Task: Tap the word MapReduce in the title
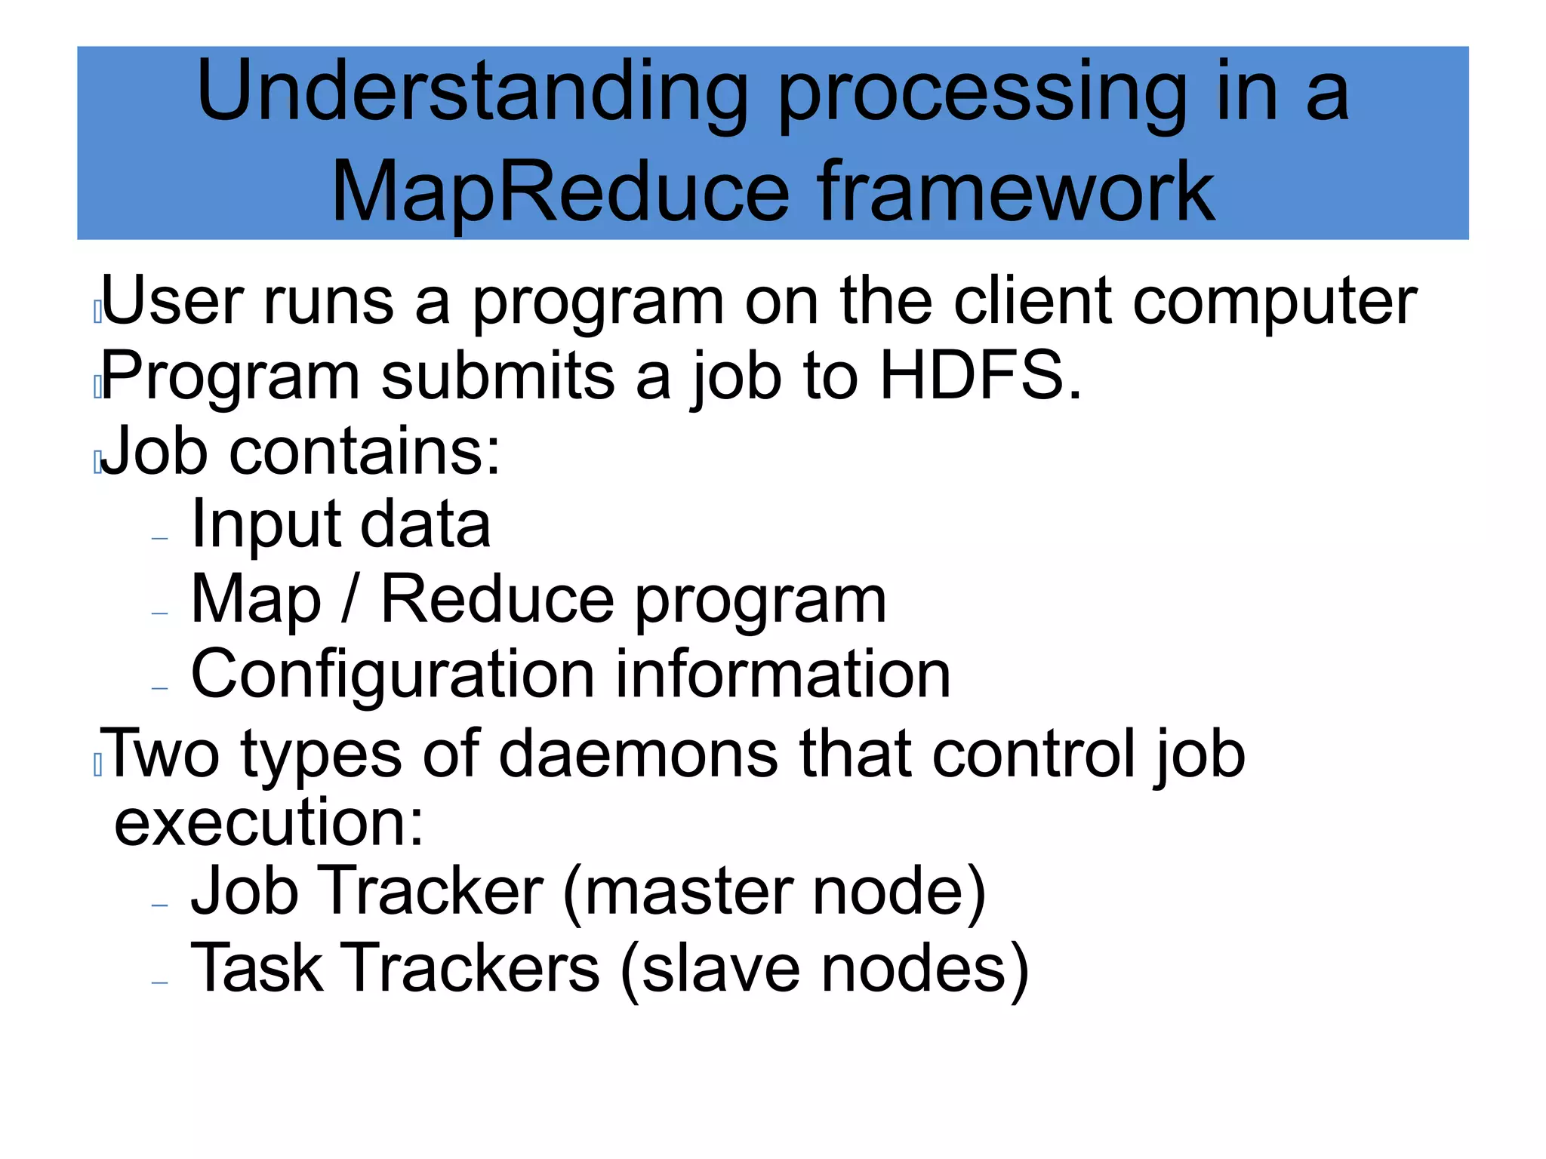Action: (x=560, y=192)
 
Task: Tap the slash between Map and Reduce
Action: (x=350, y=600)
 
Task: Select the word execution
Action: (x=268, y=822)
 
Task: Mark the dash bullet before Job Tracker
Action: (x=159, y=905)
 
